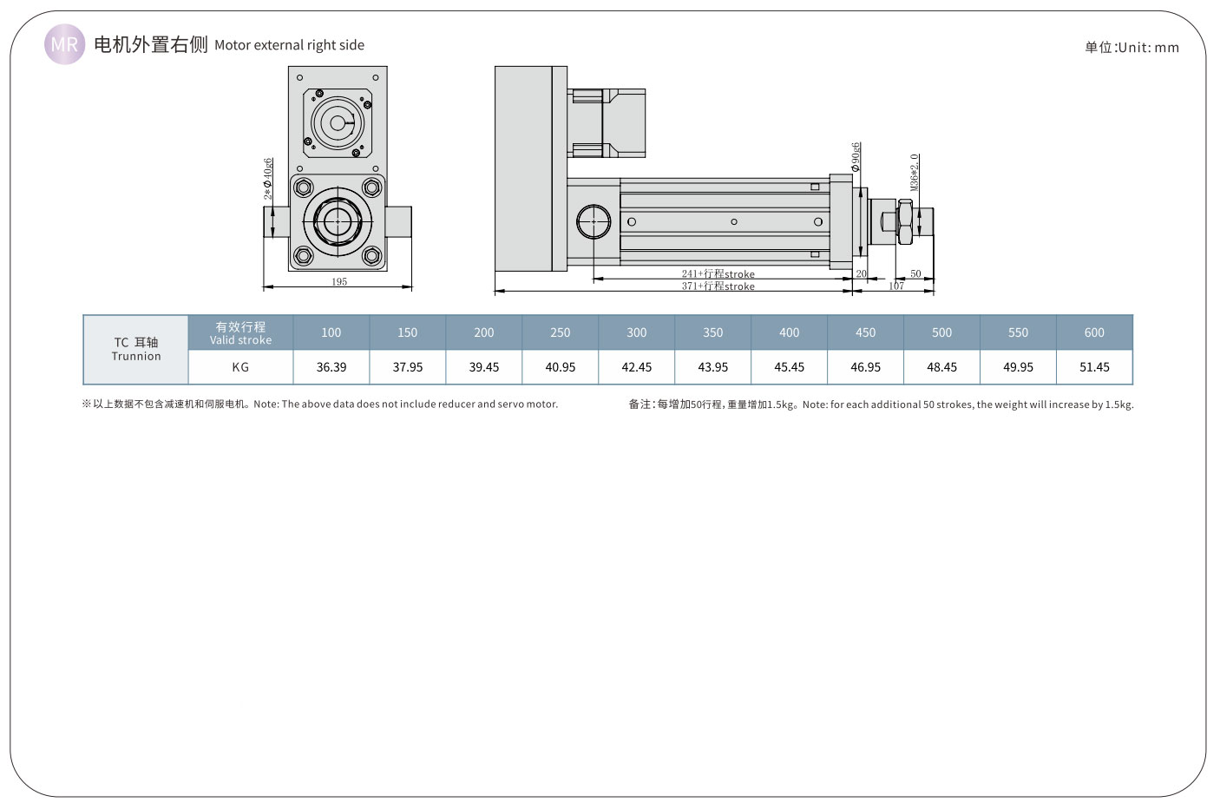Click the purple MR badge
[64, 44]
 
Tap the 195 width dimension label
[339, 281]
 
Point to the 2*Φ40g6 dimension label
[269, 179]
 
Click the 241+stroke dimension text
[718, 273]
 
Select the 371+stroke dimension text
[718, 286]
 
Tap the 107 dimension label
[896, 286]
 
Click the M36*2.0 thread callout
[915, 172]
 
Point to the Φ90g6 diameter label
[856, 156]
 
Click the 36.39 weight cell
[331, 367]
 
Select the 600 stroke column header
[1094, 332]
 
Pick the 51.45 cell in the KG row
[1094, 367]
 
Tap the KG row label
[240, 367]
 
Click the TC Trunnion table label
[136, 349]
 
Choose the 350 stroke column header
[712, 332]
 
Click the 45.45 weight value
[789, 367]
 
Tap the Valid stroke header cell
[240, 332]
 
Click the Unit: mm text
[1131, 47]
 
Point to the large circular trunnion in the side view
[594, 221]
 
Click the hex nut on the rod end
[905, 221]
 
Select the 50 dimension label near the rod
[915, 273]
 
